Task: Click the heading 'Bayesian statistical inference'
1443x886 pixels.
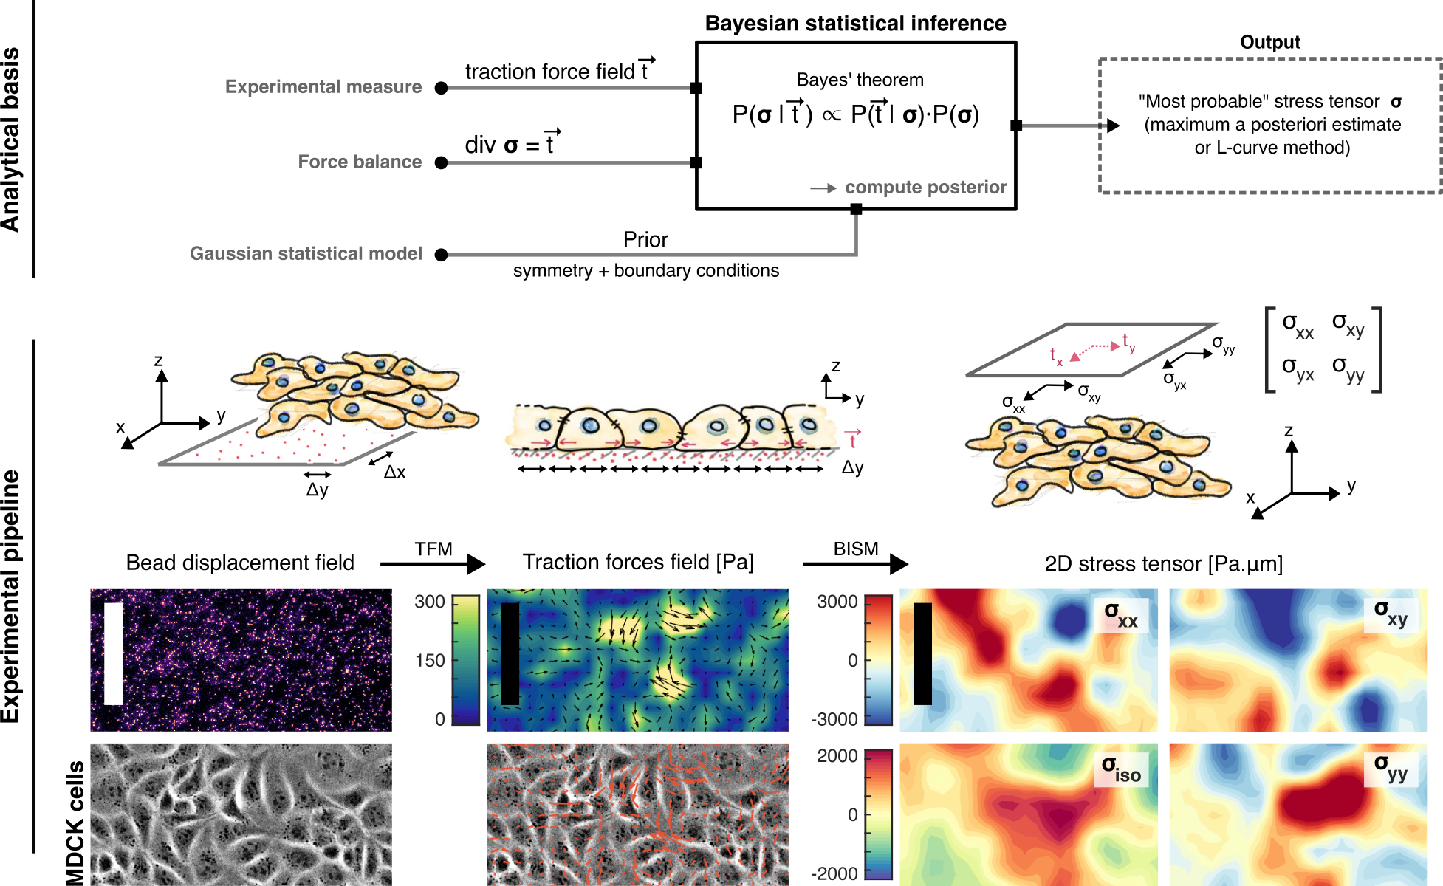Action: (855, 24)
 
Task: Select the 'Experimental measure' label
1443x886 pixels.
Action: (323, 87)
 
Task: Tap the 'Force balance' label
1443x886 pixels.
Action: (360, 162)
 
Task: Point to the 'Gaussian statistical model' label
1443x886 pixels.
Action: (306, 254)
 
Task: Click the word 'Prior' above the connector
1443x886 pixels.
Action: (645, 240)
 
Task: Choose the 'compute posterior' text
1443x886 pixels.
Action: (925, 188)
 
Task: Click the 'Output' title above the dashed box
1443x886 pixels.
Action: (1269, 43)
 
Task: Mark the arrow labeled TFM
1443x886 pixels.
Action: (433, 564)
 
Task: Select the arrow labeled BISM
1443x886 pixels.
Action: (856, 564)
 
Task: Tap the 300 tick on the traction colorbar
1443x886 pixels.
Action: (430, 602)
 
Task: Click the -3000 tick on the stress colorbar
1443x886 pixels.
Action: (834, 719)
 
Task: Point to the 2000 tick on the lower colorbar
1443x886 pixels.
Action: (837, 756)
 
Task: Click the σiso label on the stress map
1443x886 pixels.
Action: (1121, 769)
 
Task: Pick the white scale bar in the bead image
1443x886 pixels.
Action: (113, 653)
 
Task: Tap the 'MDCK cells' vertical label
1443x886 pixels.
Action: (75, 823)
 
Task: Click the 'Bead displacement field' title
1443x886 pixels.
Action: (240, 563)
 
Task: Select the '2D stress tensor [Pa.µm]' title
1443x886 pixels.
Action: (1163, 564)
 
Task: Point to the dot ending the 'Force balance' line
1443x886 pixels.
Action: (442, 163)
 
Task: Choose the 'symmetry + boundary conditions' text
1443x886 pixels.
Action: (645, 271)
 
